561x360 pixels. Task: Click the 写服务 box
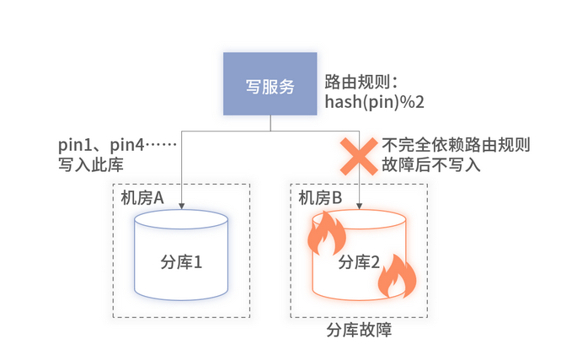[x=270, y=84]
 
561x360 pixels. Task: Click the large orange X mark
[x=359, y=154]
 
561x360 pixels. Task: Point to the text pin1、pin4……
[x=116, y=145]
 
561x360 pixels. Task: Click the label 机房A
[x=141, y=197]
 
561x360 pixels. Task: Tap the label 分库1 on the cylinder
[x=181, y=262]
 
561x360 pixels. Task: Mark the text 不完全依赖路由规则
[x=456, y=145]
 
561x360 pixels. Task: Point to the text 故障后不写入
[x=431, y=164]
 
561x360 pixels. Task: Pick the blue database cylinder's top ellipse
[x=182, y=222]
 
